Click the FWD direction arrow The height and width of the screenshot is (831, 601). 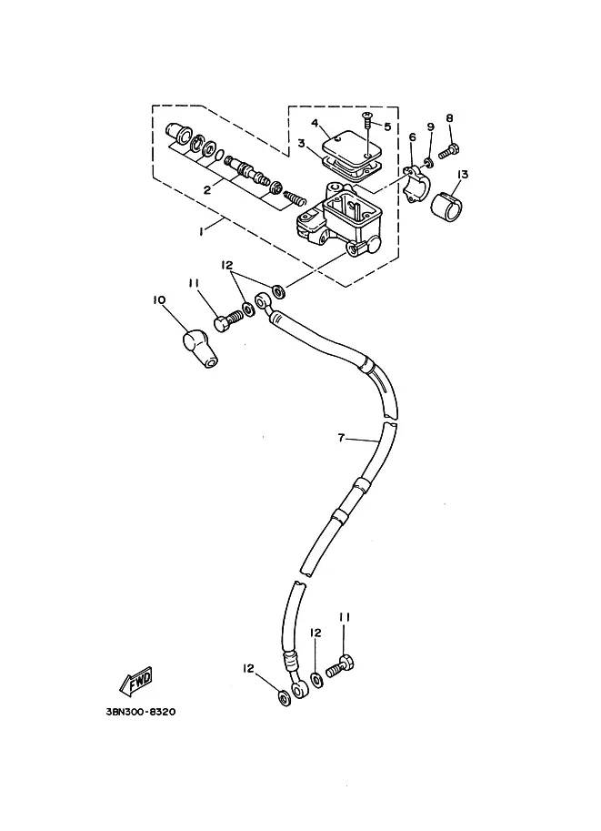coord(136,681)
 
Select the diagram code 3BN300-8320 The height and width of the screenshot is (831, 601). coord(140,712)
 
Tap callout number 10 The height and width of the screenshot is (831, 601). coord(159,300)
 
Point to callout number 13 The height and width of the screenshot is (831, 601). coord(462,175)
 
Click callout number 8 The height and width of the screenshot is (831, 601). coord(449,117)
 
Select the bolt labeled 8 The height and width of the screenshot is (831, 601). coord(448,152)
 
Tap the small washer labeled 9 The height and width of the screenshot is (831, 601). coord(429,161)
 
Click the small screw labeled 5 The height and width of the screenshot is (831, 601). coord(366,123)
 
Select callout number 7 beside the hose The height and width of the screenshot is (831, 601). coord(341,438)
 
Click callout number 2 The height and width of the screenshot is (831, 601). coord(207,189)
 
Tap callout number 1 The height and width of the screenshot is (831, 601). coord(201,231)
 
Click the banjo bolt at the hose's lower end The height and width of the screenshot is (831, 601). coord(339,665)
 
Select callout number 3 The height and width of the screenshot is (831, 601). coord(301,144)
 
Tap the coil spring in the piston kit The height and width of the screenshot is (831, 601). coord(295,198)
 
